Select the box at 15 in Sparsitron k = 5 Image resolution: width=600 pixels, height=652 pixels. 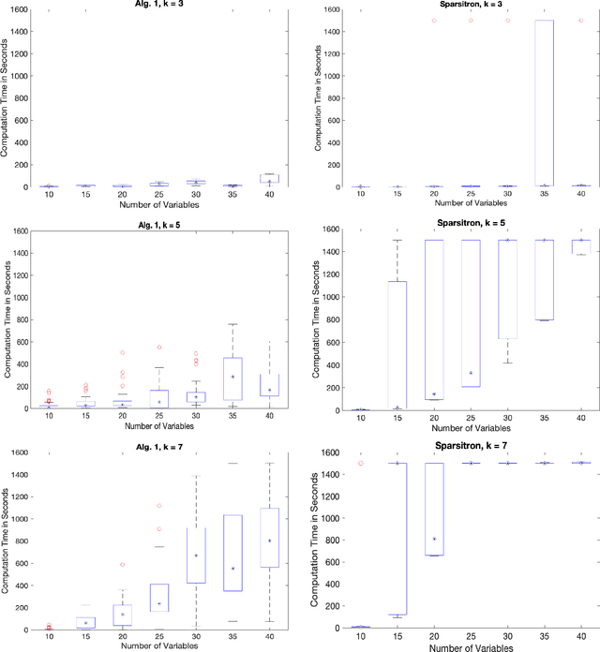pos(397,345)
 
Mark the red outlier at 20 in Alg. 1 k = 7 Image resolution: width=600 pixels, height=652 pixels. pos(122,564)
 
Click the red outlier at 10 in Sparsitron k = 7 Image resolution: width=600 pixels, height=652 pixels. pos(360,464)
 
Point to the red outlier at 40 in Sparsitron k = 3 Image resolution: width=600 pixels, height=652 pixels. pos(580,21)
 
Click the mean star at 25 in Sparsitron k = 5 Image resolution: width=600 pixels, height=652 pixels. pos(471,373)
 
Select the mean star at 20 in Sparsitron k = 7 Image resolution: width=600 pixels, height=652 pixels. pos(433,539)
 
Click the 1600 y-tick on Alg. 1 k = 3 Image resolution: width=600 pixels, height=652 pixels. pos(19,11)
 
